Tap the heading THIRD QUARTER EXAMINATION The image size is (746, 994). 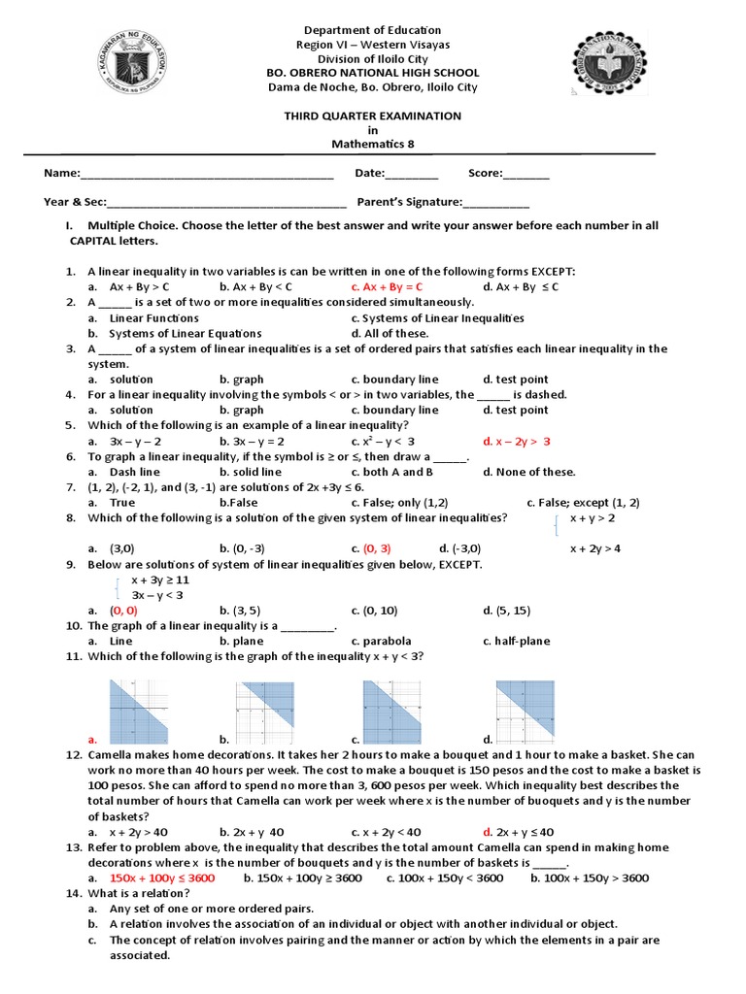pos(372,116)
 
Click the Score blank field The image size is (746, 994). pos(526,175)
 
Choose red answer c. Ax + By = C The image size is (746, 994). pos(387,287)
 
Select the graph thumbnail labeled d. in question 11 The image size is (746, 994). pos(526,706)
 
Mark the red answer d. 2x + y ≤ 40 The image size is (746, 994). pos(518,832)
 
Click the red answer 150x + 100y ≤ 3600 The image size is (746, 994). pos(162,878)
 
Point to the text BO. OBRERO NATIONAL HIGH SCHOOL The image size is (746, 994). pos(372,73)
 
